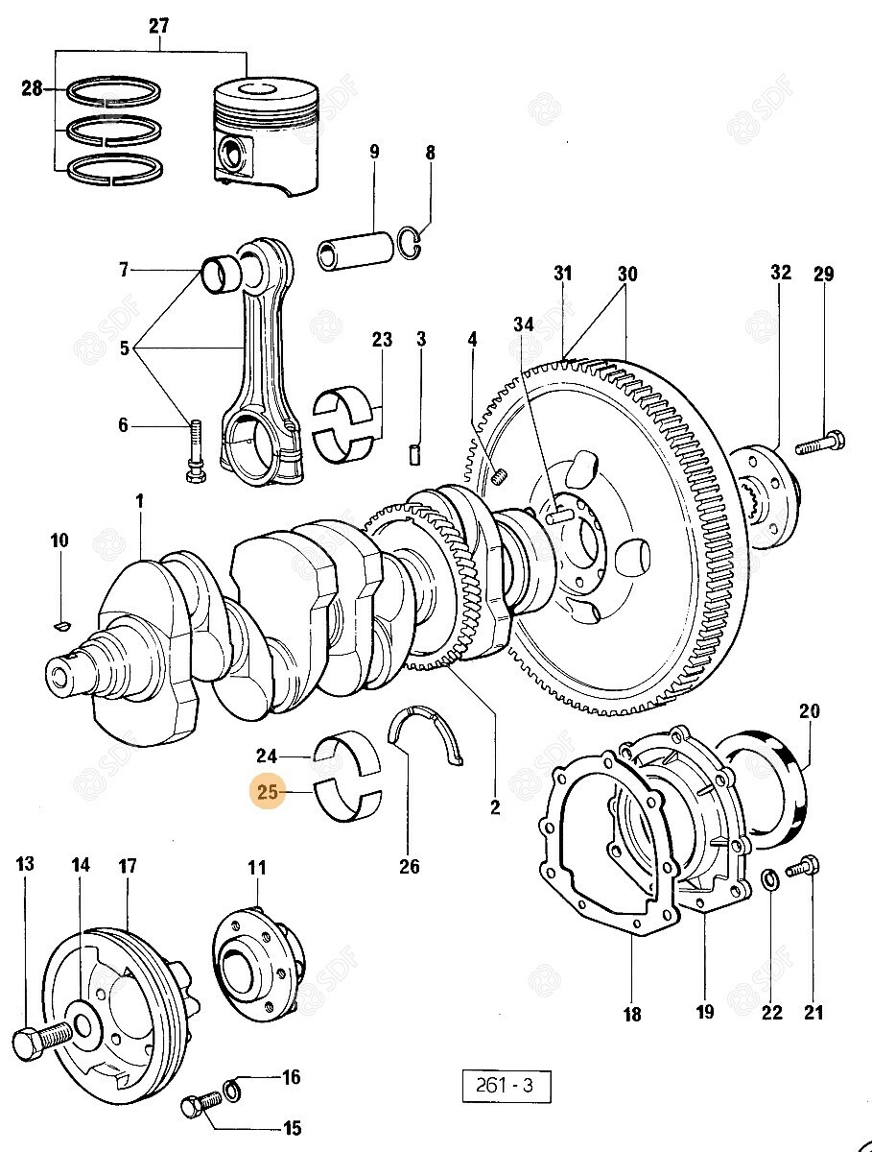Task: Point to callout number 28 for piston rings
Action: pos(32,89)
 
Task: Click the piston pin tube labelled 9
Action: pos(354,249)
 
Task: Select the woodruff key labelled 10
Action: pos(59,627)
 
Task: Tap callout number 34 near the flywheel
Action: pos(523,325)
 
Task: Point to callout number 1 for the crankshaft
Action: pos(139,501)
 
